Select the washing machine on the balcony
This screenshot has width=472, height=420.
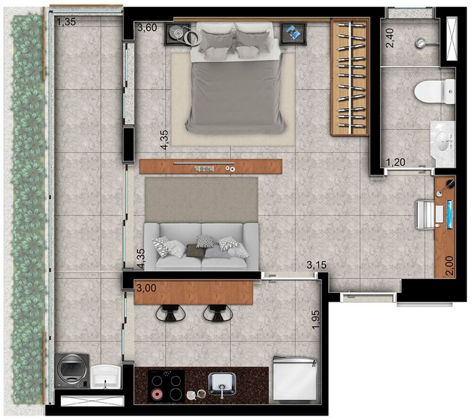(x=72, y=371)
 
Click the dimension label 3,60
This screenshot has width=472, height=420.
(x=147, y=28)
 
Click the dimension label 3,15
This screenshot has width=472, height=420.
(x=316, y=265)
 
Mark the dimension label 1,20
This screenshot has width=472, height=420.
(x=396, y=163)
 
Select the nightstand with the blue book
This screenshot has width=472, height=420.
(x=293, y=33)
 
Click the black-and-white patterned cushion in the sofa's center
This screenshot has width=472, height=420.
(x=204, y=241)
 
